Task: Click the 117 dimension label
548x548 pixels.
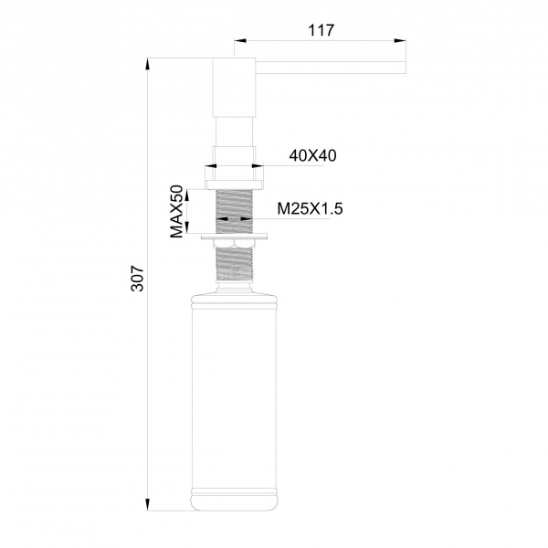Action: pyautogui.click(x=321, y=30)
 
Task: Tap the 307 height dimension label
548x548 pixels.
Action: pyautogui.click(x=137, y=279)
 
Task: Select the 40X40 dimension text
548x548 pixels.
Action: pyautogui.click(x=312, y=155)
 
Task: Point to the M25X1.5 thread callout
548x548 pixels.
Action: pyautogui.click(x=310, y=208)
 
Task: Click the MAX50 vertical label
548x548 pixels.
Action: pyautogui.click(x=177, y=212)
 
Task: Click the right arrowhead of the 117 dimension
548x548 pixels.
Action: pyautogui.click(x=400, y=40)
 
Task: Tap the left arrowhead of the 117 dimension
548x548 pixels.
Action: pyautogui.click(x=240, y=40)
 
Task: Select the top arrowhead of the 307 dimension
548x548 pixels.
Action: pyautogui.click(x=147, y=65)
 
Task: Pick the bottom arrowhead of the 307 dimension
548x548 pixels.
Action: pyautogui.click(x=147, y=504)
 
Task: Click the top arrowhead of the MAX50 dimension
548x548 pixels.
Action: pyautogui.click(x=187, y=195)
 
